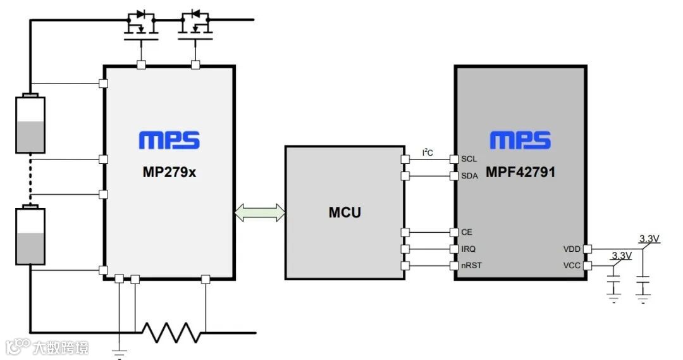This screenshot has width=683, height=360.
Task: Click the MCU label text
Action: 345,212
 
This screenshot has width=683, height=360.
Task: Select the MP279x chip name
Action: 169,171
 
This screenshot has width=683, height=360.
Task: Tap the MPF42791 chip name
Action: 520,171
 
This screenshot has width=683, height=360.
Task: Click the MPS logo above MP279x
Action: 169,140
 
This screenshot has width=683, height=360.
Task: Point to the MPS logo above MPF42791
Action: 520,140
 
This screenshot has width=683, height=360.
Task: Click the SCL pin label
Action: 469,159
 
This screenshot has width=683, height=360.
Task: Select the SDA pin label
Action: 469,176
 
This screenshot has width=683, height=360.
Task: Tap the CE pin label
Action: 467,232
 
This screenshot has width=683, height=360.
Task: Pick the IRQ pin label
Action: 469,249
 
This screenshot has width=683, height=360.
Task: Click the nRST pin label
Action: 471,265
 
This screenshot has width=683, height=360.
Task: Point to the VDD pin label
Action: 572,249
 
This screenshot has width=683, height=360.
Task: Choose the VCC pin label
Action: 572,266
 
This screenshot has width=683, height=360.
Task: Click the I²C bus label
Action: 428,152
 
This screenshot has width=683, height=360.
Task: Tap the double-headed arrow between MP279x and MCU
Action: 259,213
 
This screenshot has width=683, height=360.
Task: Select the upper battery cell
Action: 30,124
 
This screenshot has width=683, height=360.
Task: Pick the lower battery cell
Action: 30,235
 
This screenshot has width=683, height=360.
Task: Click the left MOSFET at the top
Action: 140,27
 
